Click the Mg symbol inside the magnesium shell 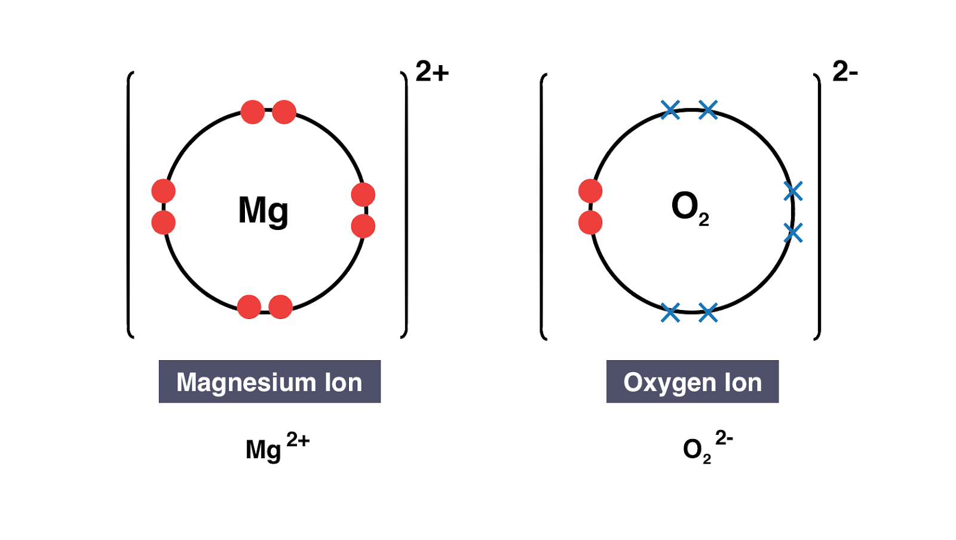click(x=263, y=210)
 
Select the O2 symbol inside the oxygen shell click(x=690, y=208)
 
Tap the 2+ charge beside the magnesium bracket click(x=431, y=72)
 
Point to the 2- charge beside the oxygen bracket click(x=845, y=72)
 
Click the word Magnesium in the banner click(x=245, y=382)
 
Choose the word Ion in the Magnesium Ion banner click(x=343, y=382)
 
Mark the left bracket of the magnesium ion click(x=129, y=204)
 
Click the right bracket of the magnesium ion click(x=405, y=204)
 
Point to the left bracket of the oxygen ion click(x=543, y=206)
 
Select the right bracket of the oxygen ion click(x=818, y=206)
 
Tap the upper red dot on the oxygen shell click(x=590, y=191)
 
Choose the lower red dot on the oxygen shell click(x=590, y=223)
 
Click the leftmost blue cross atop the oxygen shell click(x=670, y=109)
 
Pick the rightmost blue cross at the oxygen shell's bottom click(x=708, y=312)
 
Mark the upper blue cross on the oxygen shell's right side click(x=793, y=191)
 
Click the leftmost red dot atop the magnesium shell click(x=253, y=112)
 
